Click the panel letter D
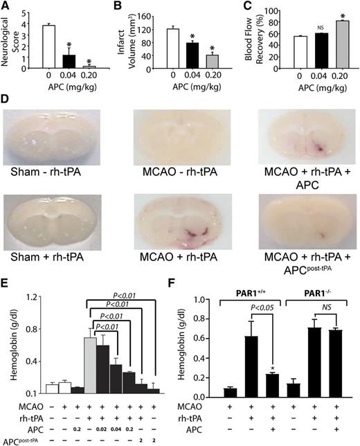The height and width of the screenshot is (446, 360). [x=6, y=99]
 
